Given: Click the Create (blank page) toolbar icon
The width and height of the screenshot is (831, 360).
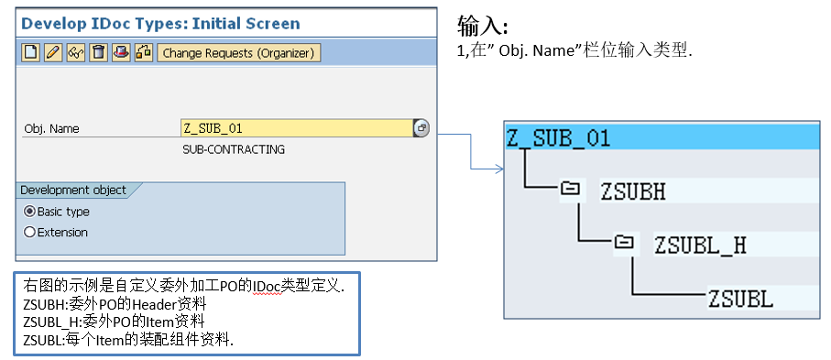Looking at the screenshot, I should (31, 53).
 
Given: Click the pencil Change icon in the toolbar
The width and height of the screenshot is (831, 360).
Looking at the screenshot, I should (53, 53).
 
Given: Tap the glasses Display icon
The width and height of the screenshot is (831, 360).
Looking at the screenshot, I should (75, 53).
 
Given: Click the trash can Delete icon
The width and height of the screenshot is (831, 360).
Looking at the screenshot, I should (97, 53).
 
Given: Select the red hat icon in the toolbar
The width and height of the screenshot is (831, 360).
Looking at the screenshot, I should (120, 53).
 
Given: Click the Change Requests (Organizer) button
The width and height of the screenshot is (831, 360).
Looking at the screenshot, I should (238, 53).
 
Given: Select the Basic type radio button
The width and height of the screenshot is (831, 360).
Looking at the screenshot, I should (29, 212).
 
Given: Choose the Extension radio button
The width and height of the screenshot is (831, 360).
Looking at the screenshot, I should (29, 233).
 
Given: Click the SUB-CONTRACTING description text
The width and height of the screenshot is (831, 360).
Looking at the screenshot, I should (234, 149).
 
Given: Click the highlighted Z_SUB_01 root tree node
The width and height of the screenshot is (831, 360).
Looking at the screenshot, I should (558, 138).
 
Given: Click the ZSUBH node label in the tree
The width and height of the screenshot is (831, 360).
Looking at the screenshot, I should (633, 191).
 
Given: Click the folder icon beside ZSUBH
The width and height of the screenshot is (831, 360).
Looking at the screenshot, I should (570, 190).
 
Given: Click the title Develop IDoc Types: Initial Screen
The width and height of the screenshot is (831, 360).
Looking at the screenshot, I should (161, 23).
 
